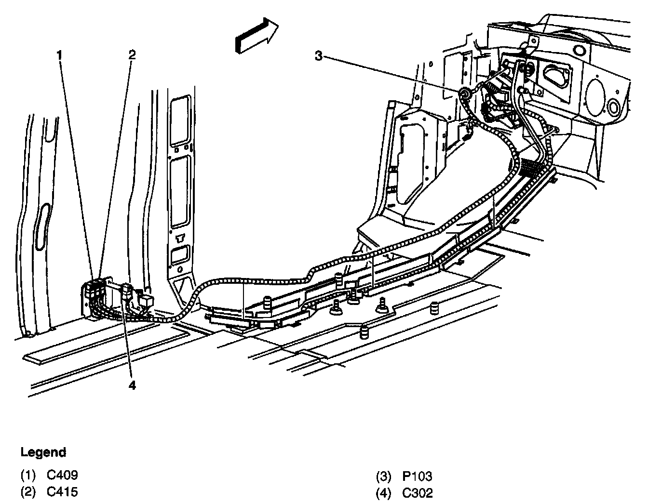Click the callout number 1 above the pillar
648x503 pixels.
(x=59, y=55)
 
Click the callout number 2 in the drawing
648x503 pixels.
(x=132, y=54)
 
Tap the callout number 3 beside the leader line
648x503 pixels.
(x=318, y=56)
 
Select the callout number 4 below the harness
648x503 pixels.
(x=131, y=385)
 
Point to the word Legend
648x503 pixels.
(x=43, y=453)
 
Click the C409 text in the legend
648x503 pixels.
(x=62, y=476)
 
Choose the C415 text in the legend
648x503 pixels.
(x=62, y=492)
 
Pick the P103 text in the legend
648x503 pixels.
(x=418, y=477)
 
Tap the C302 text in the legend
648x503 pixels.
(x=418, y=493)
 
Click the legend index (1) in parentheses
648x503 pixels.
(x=28, y=476)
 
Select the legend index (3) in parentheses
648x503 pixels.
(x=383, y=477)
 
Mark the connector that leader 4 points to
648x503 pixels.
(x=127, y=292)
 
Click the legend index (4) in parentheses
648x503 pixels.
(x=383, y=493)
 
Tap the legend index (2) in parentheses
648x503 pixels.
(x=28, y=492)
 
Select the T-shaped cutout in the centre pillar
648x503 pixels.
(x=181, y=237)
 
